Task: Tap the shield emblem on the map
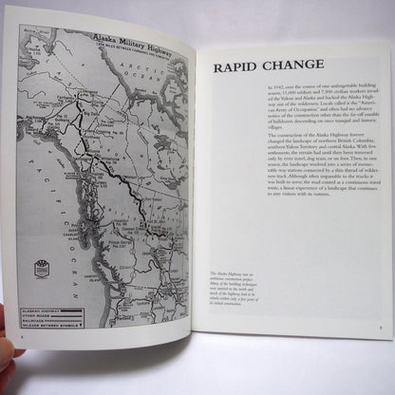point(41,269)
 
